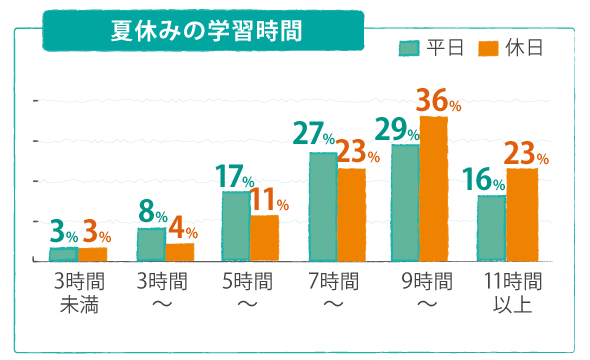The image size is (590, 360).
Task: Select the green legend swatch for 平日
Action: [x=409, y=48]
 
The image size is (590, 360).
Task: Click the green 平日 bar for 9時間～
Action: [x=405, y=203]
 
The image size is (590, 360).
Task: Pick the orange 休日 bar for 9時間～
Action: [x=434, y=189]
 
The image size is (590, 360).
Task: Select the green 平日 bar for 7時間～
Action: [x=323, y=207]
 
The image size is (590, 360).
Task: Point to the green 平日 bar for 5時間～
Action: [x=236, y=226]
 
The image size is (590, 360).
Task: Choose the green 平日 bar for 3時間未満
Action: [x=63, y=254]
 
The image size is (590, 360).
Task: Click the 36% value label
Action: [x=437, y=101]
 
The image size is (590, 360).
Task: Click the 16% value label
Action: [x=483, y=181]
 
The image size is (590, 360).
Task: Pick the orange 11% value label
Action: [x=268, y=200]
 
